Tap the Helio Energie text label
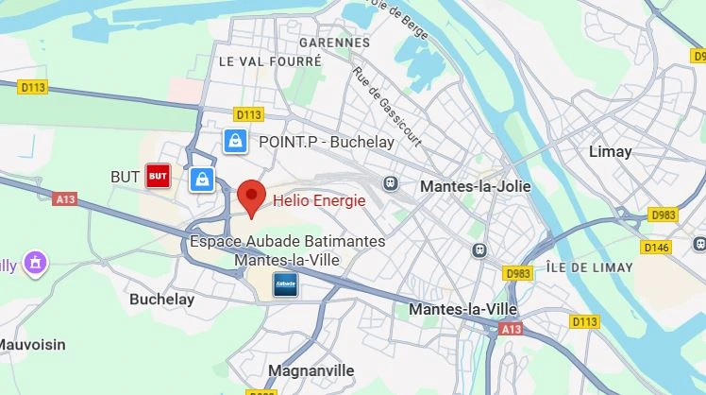pyautogui.click(x=319, y=200)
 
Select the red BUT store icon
pyautogui.click(x=157, y=176)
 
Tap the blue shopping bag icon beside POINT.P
pyautogui.click(x=235, y=142)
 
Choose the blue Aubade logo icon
pyautogui.click(x=285, y=284)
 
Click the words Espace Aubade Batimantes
pyautogui.click(x=287, y=242)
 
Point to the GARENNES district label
pyautogui.click(x=334, y=43)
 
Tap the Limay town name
pyautogui.click(x=610, y=151)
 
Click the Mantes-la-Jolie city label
pyautogui.click(x=475, y=186)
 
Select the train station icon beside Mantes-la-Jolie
pyautogui.click(x=389, y=182)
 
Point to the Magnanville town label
pyautogui.click(x=311, y=370)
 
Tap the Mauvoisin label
pyautogui.click(x=33, y=345)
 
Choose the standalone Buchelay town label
pyautogui.click(x=161, y=300)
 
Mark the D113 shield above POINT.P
pyautogui.click(x=247, y=114)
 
